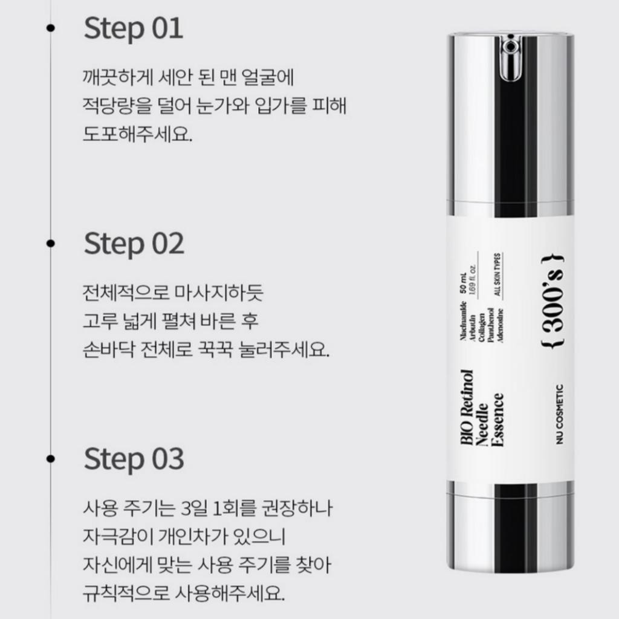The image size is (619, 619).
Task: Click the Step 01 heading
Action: pos(133,28)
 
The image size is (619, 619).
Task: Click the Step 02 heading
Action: pos(134,244)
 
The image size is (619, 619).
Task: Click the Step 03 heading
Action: pos(134,459)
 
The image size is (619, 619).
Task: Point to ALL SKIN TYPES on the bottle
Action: pos(499,273)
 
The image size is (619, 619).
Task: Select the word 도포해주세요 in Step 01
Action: pos(137,134)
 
